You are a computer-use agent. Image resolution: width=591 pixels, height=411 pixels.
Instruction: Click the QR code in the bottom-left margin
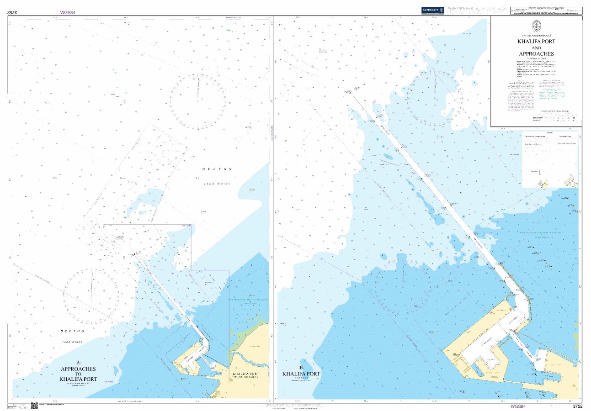coord(34,405)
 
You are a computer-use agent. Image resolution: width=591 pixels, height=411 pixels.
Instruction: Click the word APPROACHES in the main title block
coord(536,54)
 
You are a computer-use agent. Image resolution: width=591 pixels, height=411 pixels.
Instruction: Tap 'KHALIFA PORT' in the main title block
coord(536,41)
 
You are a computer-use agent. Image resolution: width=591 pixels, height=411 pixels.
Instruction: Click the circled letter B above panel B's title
coord(301,367)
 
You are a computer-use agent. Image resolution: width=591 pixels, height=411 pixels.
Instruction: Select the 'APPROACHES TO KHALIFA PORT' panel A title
coord(78,374)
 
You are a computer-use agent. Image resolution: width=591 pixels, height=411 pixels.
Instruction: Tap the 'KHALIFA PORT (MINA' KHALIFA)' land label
coord(249,376)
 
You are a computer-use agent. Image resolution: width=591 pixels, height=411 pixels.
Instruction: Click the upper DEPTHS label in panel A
coord(217,169)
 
